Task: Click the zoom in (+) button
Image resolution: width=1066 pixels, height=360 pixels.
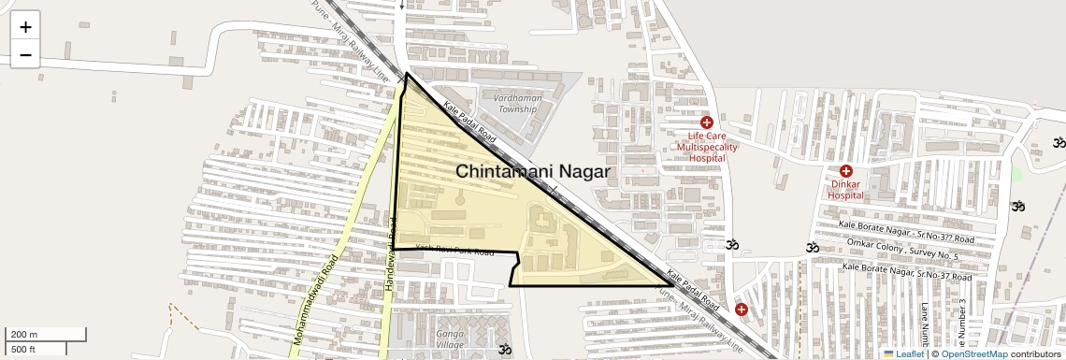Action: click(25, 27)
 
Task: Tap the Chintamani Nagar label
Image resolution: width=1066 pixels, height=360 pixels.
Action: click(533, 172)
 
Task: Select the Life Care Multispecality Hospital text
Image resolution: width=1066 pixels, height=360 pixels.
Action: click(707, 148)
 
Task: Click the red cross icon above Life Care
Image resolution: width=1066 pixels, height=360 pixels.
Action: click(707, 122)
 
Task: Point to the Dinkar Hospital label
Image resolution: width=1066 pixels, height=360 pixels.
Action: click(845, 190)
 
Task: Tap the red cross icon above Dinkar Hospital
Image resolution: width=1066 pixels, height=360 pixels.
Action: click(845, 171)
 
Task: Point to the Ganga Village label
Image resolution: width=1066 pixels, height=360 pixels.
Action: click(449, 339)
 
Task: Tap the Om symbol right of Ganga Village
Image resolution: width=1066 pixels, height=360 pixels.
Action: click(506, 351)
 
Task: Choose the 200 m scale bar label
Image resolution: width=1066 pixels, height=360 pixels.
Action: click(24, 335)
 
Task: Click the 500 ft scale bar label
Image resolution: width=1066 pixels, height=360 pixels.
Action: click(23, 350)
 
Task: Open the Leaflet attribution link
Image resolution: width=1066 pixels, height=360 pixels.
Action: click(903, 354)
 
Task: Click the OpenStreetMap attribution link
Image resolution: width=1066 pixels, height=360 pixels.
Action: click(973, 354)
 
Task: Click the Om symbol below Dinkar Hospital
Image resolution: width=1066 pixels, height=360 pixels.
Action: click(813, 248)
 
